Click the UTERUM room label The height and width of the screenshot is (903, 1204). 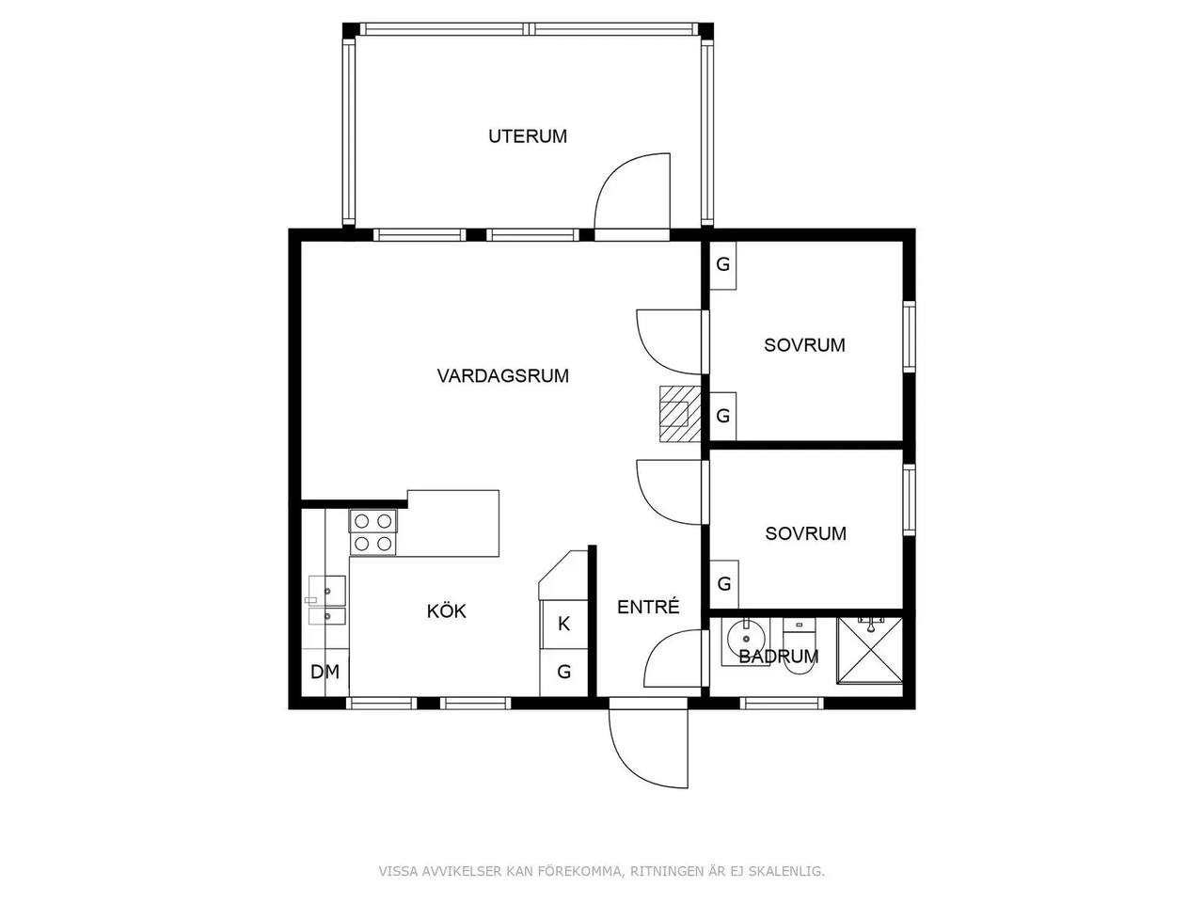[x=528, y=136]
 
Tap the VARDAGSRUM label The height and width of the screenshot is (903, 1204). [x=503, y=375]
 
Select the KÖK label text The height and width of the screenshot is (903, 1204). [x=447, y=610]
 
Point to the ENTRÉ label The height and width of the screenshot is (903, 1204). [x=648, y=607]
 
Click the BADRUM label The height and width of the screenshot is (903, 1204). [x=778, y=657]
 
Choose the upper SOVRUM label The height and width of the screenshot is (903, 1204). [x=804, y=345]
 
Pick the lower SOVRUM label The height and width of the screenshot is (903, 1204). [x=806, y=533]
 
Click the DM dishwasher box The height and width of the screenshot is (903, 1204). [x=325, y=673]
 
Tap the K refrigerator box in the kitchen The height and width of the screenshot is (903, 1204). [x=563, y=624]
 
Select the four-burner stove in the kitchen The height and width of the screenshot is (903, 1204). [x=373, y=531]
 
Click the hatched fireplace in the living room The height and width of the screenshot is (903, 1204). [x=680, y=413]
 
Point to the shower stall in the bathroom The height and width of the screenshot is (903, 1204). [x=869, y=650]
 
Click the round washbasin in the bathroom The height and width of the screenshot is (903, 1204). [x=745, y=639]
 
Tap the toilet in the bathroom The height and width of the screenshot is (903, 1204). [x=800, y=649]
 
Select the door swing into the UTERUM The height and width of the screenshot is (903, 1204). [x=632, y=191]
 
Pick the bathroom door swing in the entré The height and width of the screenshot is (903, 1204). [x=673, y=658]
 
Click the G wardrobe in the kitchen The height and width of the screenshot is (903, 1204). [x=563, y=673]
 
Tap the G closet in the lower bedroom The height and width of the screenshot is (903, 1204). [x=724, y=584]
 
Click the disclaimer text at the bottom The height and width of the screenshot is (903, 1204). [x=602, y=871]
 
